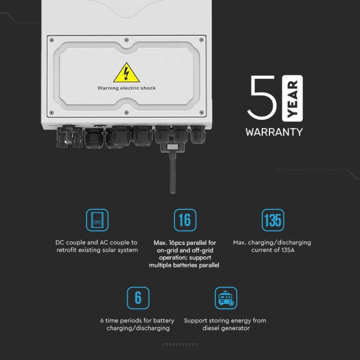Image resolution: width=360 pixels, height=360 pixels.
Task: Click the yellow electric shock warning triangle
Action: click(126, 73)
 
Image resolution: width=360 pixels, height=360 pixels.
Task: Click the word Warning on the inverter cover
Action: click(108, 88)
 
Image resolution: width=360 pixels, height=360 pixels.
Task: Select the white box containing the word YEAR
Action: click(293, 98)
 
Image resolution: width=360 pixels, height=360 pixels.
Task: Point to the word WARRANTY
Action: click(274, 132)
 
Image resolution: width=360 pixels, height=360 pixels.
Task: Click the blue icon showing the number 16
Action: click(185, 220)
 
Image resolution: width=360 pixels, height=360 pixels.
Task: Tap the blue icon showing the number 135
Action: click(273, 220)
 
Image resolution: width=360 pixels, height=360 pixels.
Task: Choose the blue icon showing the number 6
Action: click(138, 298)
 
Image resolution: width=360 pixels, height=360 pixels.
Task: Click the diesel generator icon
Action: click(225, 298)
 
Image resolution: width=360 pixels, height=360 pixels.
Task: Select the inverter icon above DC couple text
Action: click(97, 220)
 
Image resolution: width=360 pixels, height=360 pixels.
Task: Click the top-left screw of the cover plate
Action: click(51, 40)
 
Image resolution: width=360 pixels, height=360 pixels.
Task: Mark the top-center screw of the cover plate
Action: click(127, 39)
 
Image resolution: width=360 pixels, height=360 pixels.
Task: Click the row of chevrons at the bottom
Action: click(180, 344)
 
